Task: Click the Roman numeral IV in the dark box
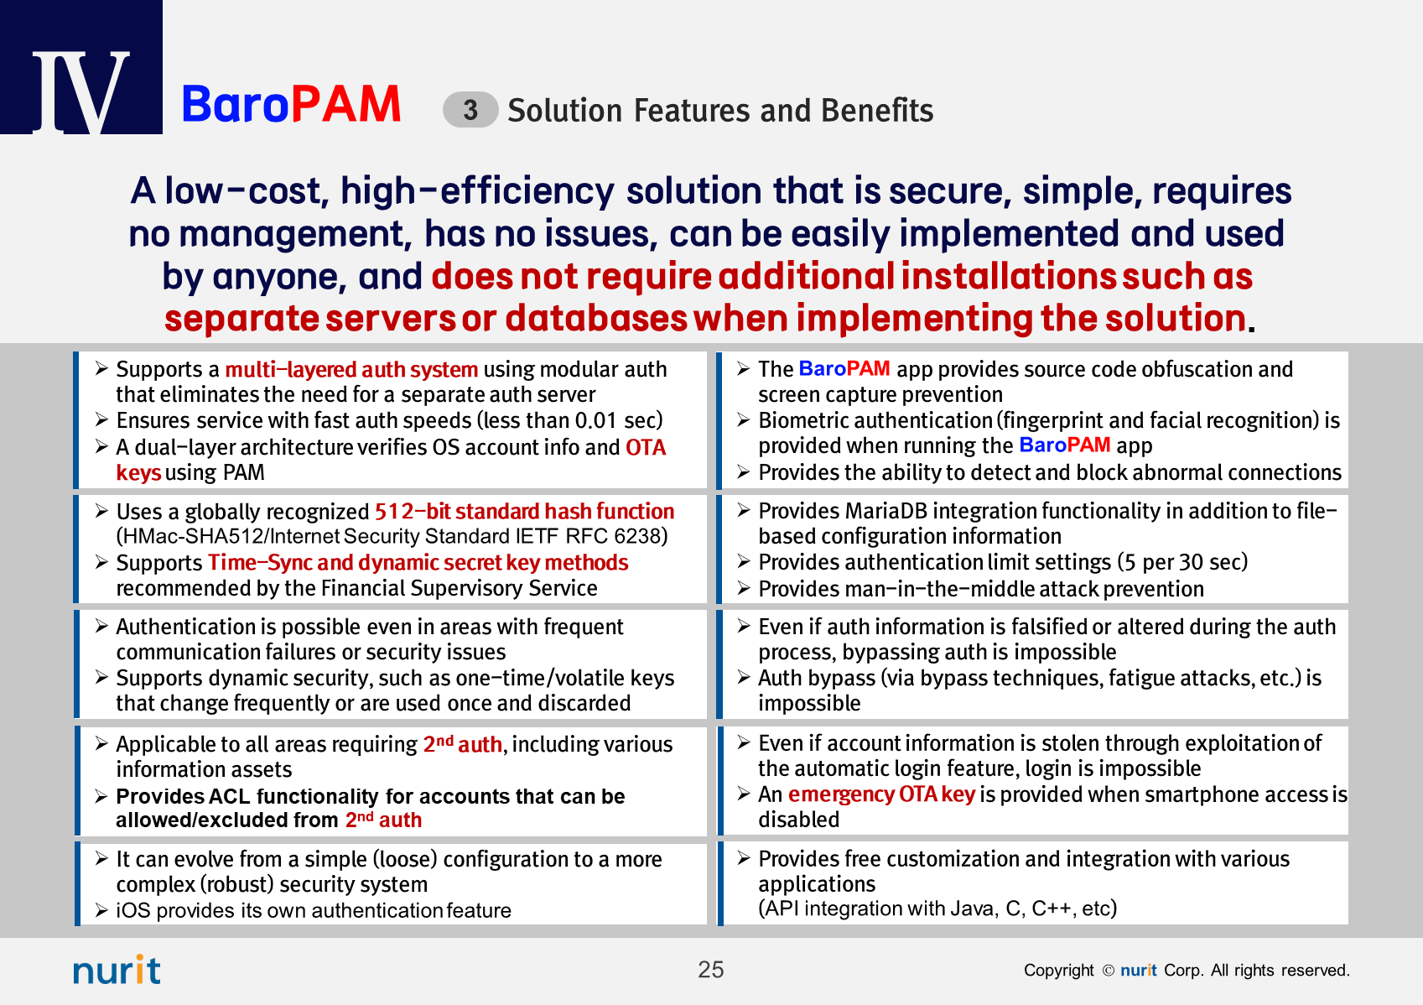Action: [80, 92]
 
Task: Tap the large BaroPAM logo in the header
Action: [291, 104]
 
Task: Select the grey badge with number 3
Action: [470, 110]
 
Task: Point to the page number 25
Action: [710, 970]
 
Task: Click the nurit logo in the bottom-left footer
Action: [117, 970]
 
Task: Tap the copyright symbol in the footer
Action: [1108, 971]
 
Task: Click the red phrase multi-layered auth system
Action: [351, 369]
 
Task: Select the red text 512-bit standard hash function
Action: [524, 511]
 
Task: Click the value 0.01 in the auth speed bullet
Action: [595, 420]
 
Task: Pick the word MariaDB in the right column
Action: [885, 511]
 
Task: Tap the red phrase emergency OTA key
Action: [881, 794]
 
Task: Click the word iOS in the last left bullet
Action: [132, 910]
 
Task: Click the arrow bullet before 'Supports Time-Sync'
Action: [101, 562]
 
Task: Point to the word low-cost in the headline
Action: [247, 190]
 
